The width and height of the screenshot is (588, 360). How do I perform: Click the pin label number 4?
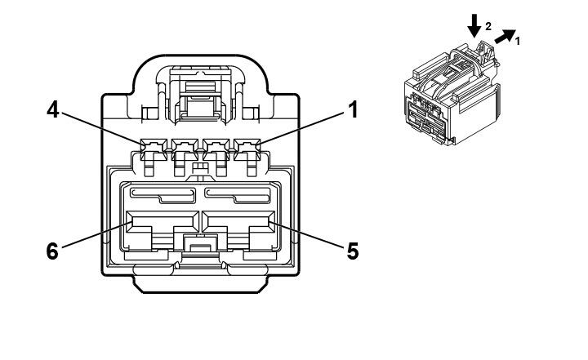coord(52,110)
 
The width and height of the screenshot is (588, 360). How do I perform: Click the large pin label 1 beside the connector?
coord(353,109)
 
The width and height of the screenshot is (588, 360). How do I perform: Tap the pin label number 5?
coord(353,251)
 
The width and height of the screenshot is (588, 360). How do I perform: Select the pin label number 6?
coord(52,251)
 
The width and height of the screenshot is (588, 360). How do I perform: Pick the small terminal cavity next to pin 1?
coord(213,148)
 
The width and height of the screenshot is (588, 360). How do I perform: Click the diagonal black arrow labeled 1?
coord(506,37)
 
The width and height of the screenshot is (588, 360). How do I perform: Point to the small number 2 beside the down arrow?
coord(488,26)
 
